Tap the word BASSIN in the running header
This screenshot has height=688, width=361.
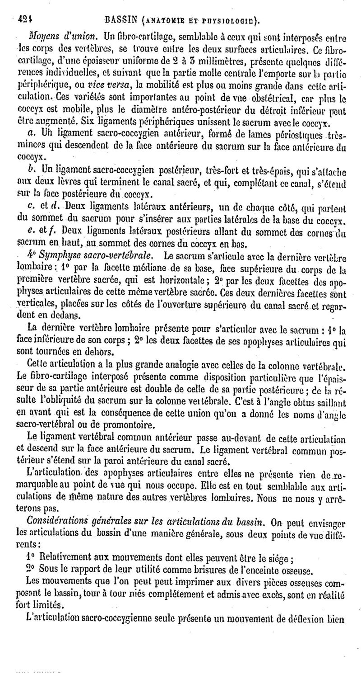coord(118,19)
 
